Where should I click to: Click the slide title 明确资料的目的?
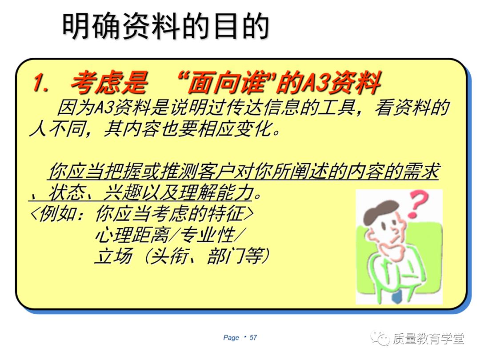click(166, 26)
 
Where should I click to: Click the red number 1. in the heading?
click(41, 83)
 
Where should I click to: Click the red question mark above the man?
click(419, 204)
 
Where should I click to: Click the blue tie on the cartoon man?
click(397, 296)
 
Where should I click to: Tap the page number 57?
click(253, 338)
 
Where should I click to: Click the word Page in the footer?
click(231, 338)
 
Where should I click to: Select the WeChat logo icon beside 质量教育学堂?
click(380, 338)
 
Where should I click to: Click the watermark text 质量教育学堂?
click(428, 339)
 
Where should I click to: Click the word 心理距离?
click(132, 236)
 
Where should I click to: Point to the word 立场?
click(114, 256)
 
